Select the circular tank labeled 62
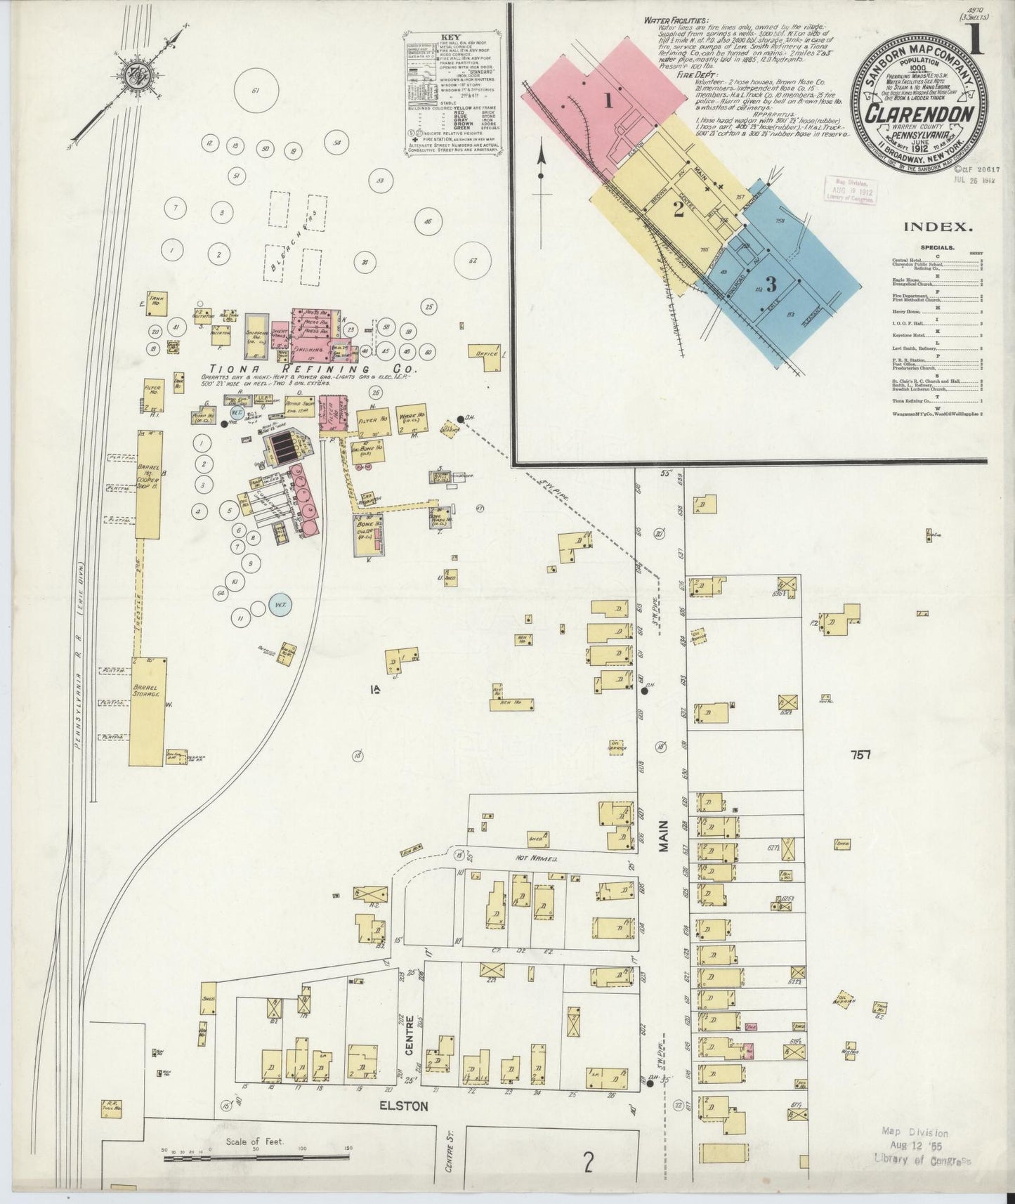pyautogui.click(x=473, y=261)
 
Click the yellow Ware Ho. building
pyautogui.click(x=410, y=416)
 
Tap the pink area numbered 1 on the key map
pyautogui.click(x=608, y=100)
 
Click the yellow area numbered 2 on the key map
pyautogui.click(x=678, y=209)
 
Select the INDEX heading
pyautogui.click(x=938, y=227)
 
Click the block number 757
pyautogui.click(x=860, y=755)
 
